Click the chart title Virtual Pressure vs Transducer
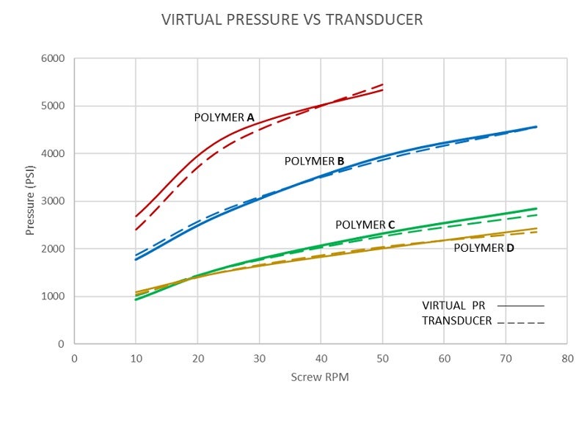292,20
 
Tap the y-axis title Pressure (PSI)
30,200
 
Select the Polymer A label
224,117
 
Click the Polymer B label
314,161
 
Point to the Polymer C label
365,225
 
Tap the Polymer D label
484,248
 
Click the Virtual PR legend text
453,305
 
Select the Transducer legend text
456,321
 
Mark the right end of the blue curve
536,127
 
